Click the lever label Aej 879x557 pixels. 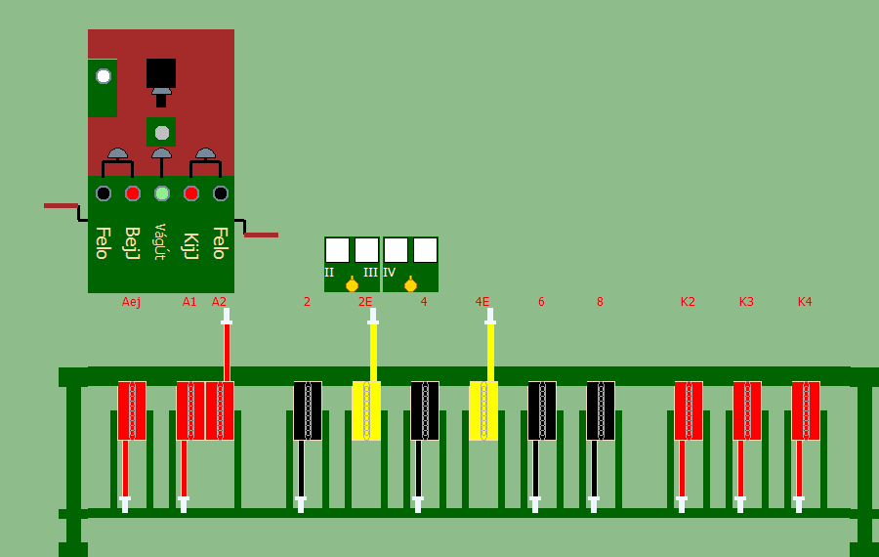(131, 302)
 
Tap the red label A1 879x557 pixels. (189, 302)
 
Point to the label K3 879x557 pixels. (746, 302)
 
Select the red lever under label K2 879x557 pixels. (689, 410)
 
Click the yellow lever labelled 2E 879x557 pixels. (366, 410)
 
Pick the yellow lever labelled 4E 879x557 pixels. (483, 410)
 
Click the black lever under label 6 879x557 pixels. (542, 410)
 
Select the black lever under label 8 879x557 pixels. (601, 410)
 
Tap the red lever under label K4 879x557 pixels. (806, 410)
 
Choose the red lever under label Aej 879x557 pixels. (132, 410)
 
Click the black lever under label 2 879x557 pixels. (308, 410)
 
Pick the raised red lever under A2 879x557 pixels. (220, 410)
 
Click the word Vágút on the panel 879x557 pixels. (161, 241)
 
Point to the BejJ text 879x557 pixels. (132, 243)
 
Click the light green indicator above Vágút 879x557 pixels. (162, 193)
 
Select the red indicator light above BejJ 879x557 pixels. (133, 193)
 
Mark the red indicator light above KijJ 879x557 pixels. (191, 193)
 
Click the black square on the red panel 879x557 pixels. (161, 73)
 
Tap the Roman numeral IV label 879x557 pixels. (389, 273)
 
